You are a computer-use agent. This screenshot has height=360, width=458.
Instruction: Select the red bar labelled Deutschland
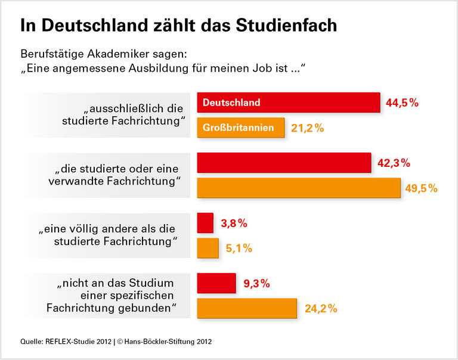tap(289, 103)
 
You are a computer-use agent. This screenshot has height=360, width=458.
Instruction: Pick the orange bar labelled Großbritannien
tap(241, 128)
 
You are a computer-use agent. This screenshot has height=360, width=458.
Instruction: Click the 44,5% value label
tap(403, 103)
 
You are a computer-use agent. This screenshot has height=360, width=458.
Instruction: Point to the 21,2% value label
tap(307, 128)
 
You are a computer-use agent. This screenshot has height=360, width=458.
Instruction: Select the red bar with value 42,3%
tap(284, 163)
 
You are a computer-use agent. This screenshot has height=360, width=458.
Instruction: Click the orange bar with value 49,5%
tap(298, 188)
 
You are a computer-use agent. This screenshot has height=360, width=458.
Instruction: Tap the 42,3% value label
tap(394, 163)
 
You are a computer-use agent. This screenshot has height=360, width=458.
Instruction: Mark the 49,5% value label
tap(422, 188)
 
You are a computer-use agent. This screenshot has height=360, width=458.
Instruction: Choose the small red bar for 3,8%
tap(205, 224)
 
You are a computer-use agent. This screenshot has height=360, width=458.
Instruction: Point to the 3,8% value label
tap(234, 224)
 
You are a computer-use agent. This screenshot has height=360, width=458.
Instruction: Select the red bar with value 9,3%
tap(216, 284)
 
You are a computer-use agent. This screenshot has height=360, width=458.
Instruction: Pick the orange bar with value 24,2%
tap(247, 309)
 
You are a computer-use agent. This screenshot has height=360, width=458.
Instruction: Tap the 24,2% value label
tap(321, 309)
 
